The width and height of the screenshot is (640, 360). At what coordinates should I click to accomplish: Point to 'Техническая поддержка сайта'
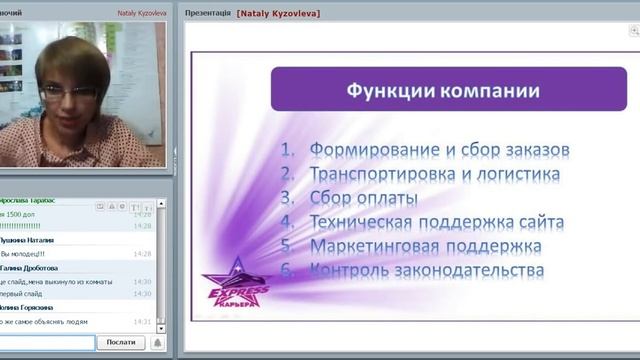(436, 222)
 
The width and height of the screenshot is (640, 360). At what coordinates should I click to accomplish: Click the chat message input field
(47, 343)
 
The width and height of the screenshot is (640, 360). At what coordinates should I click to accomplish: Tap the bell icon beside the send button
(156, 343)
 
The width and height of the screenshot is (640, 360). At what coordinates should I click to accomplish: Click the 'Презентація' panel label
(208, 14)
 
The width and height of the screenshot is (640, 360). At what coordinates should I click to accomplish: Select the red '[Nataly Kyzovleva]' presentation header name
(278, 14)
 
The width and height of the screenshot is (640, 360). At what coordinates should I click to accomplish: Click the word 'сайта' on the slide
(541, 222)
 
